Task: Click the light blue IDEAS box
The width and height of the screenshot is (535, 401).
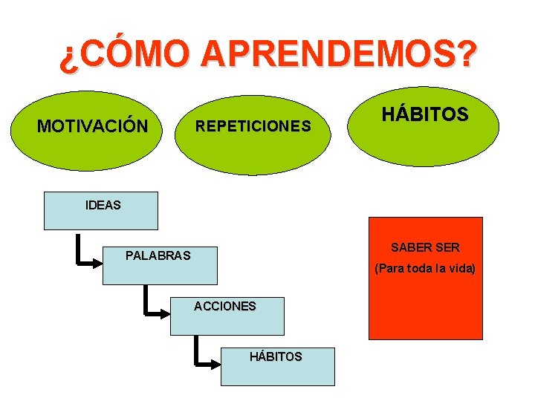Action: pos(101,211)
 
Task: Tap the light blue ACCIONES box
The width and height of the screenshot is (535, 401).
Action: pos(227,316)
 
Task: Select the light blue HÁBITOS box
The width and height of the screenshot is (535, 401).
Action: pos(277,366)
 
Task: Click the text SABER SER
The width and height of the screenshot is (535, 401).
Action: pos(425,247)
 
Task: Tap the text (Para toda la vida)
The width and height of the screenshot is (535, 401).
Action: pos(425,268)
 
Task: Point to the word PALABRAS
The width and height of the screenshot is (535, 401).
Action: pos(158,256)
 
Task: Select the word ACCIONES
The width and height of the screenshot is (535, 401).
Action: pos(225,306)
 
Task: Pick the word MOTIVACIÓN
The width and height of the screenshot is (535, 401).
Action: pos(92,126)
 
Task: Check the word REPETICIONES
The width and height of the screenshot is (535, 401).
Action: pos(253,126)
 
